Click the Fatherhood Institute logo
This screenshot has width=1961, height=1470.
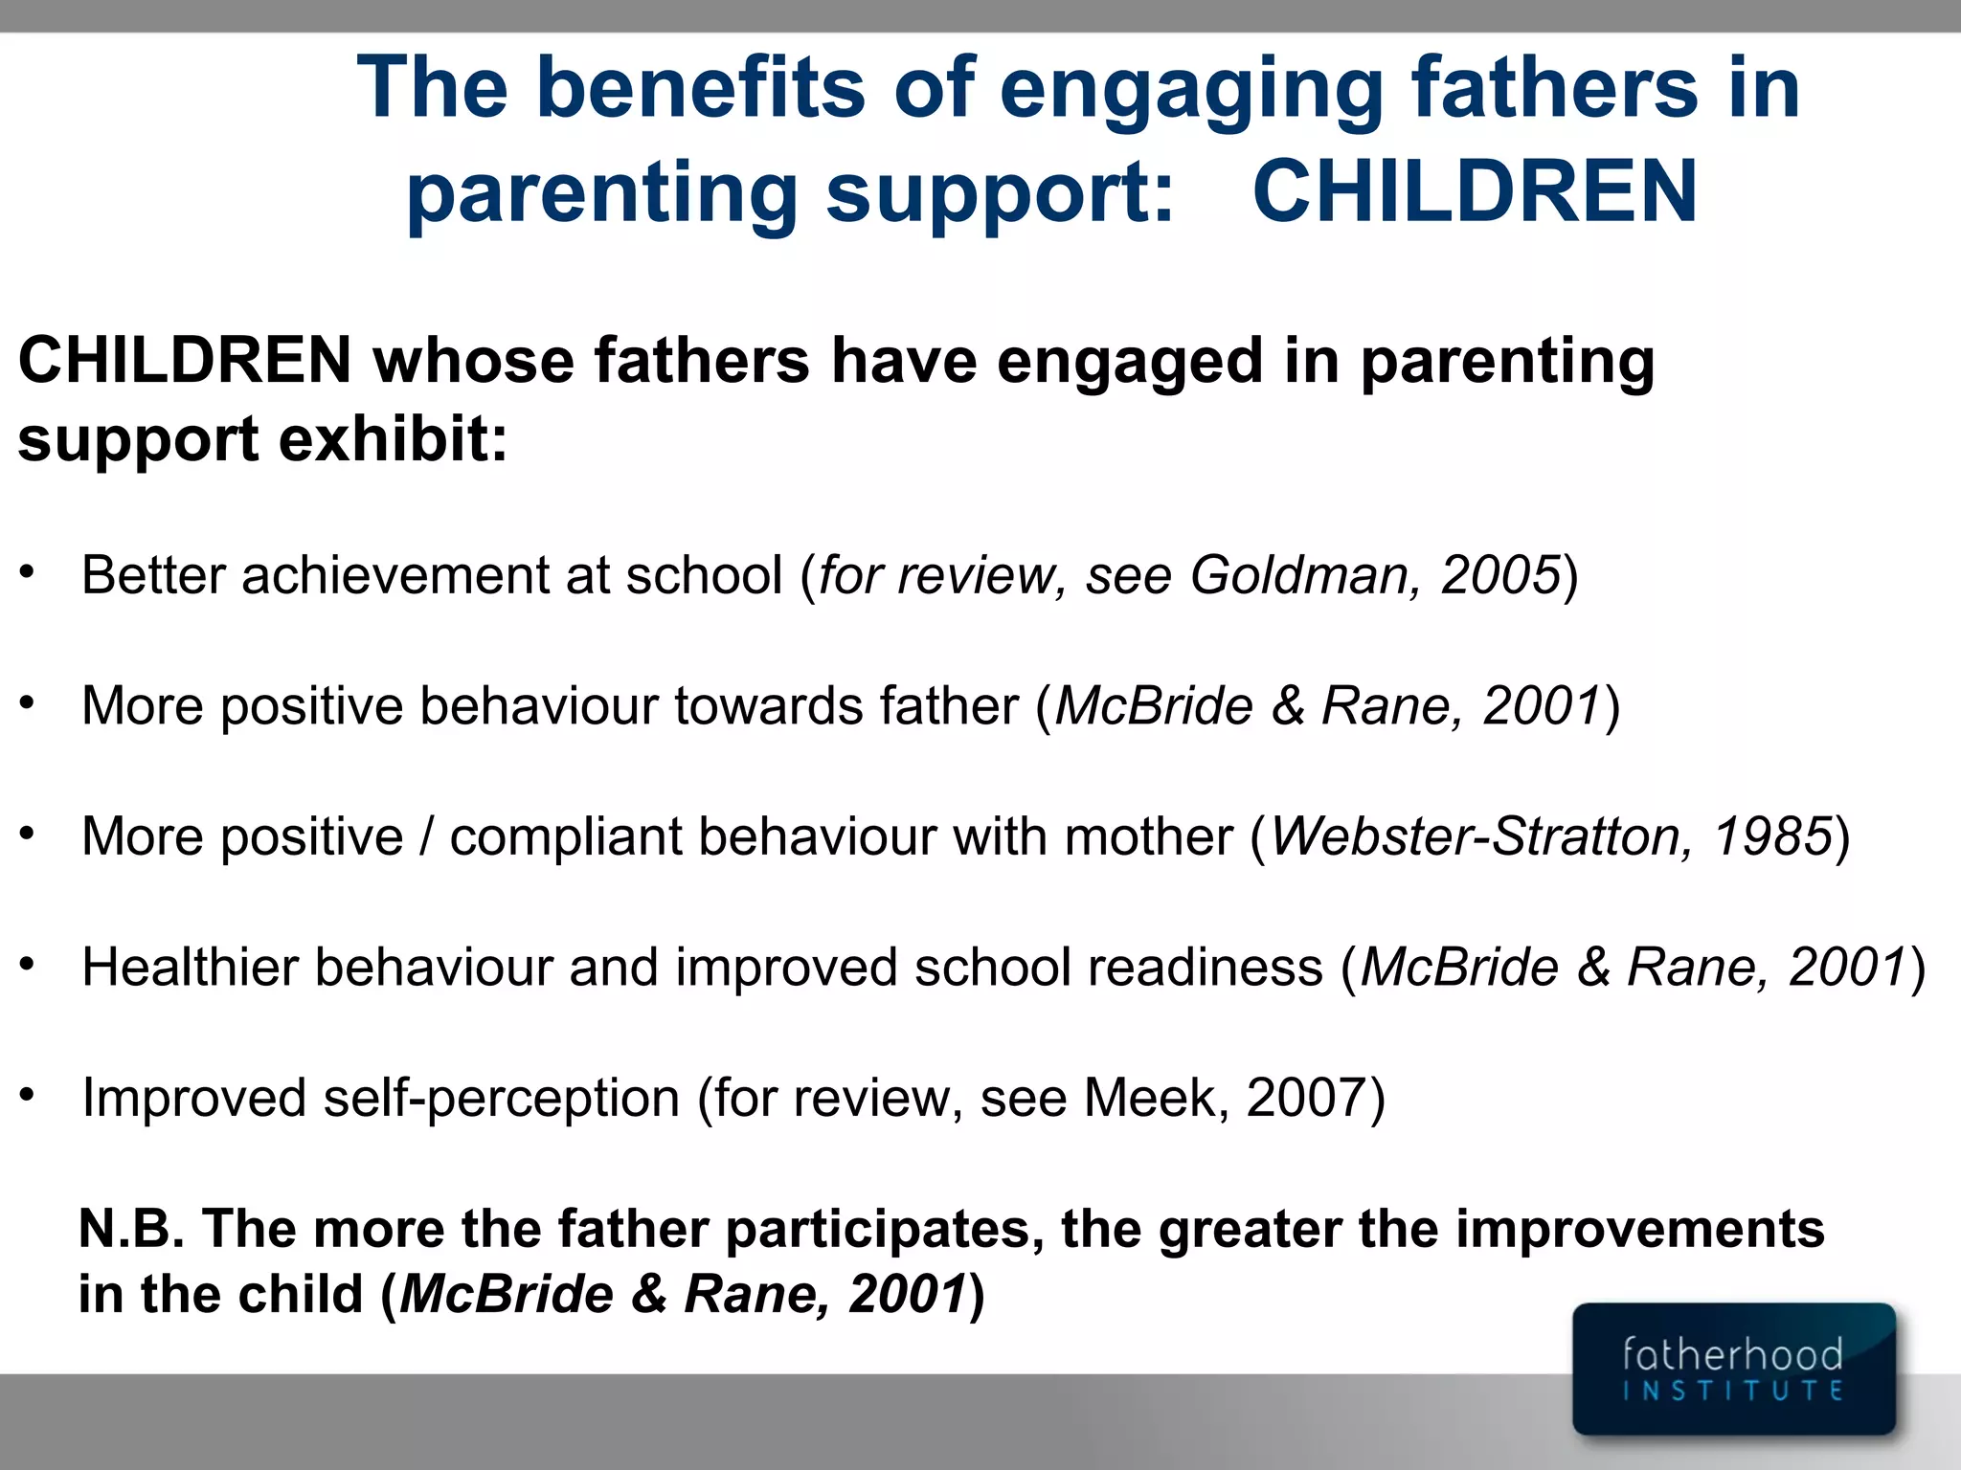pos(1733,1369)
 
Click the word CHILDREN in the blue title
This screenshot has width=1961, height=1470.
pos(1475,191)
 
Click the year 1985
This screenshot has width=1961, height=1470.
pos(1772,836)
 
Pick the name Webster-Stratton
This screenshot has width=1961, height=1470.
pos(1474,836)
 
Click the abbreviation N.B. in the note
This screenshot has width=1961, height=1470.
pos(131,1229)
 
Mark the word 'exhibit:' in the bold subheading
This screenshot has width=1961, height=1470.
pos(393,440)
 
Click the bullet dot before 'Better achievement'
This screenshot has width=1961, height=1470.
pos(28,572)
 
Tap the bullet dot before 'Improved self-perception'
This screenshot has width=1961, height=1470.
pos(28,1095)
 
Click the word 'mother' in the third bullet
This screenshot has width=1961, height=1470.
pos(1148,836)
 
